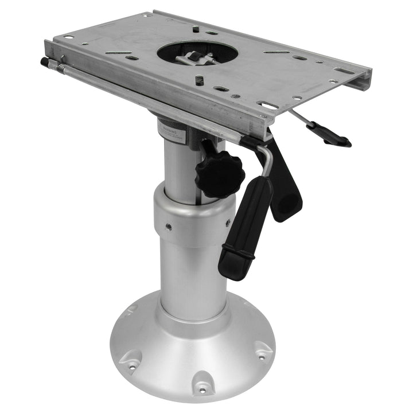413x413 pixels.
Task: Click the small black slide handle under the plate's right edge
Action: (329, 135)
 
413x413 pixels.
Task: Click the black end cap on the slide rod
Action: (45, 62)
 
